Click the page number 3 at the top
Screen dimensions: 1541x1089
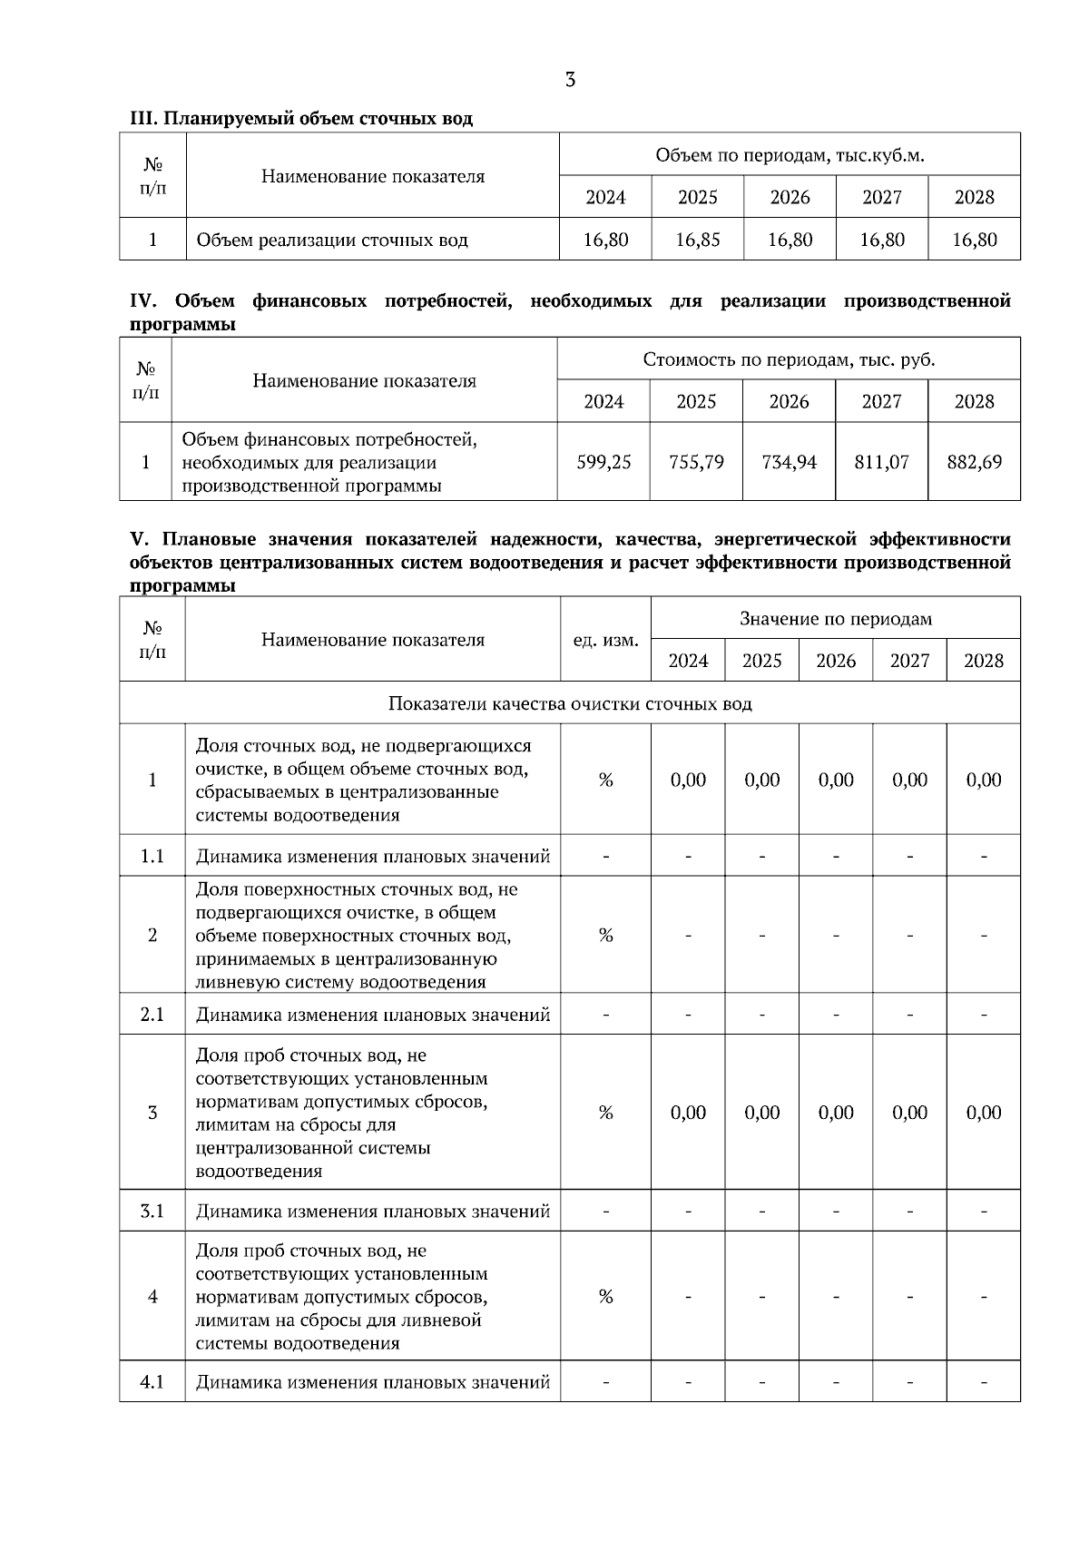570,80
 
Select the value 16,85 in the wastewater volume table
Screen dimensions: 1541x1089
698,240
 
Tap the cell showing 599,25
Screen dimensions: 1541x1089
603,462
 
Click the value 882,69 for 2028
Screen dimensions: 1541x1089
974,462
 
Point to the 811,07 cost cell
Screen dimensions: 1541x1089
881,462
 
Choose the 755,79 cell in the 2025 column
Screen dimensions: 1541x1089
696,462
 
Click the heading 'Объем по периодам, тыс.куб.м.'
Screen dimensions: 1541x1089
790,155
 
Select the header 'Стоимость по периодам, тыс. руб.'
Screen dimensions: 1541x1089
789,359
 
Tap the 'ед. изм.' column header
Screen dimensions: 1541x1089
605,640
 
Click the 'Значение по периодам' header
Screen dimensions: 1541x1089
835,619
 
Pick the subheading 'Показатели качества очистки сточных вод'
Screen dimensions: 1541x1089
570,703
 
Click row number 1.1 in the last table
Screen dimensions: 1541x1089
152,856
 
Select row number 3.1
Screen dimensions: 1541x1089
152,1211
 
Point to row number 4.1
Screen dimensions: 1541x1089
152,1382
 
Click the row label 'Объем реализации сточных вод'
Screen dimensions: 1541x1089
332,240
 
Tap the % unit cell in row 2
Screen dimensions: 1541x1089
605,935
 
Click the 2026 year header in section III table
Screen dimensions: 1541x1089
790,197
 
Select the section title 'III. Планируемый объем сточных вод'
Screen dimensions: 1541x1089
301,119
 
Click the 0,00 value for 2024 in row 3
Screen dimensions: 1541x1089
688,1113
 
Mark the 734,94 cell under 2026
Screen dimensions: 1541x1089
789,462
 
